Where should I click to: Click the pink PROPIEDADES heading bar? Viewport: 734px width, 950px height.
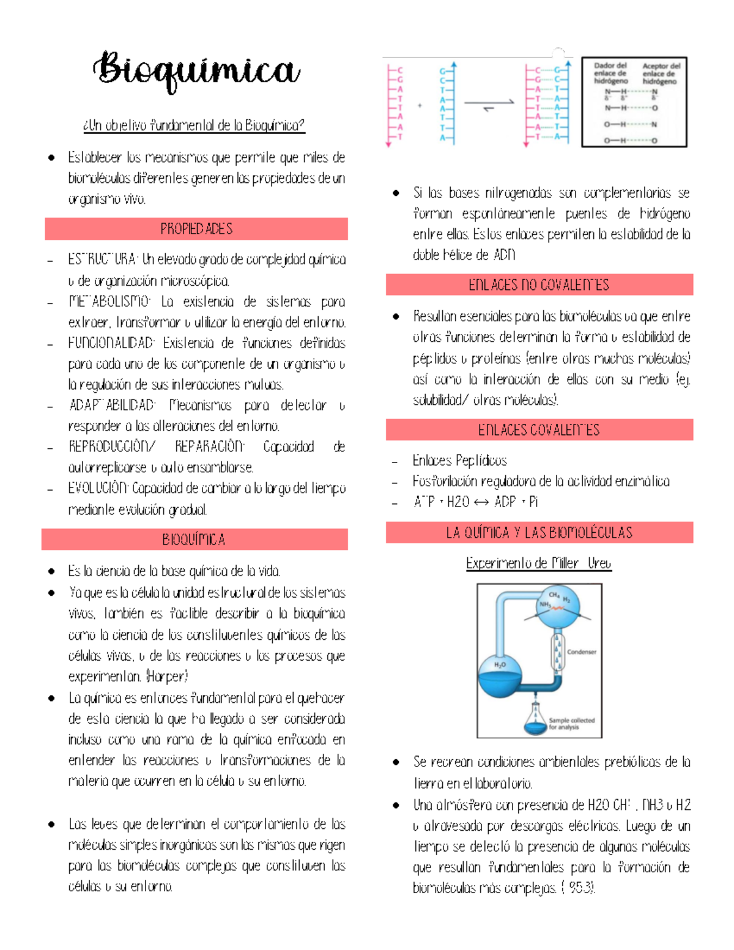coord(196,229)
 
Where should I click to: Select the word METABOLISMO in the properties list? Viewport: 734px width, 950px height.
coord(109,302)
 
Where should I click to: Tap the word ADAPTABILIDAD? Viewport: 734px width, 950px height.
coord(112,405)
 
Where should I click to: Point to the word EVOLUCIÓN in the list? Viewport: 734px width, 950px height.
coord(98,488)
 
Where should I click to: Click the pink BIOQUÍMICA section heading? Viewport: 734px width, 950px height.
coord(195,540)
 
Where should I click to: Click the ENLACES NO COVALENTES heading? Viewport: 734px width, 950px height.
coord(539,284)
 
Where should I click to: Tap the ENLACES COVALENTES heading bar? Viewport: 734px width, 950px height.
coord(539,429)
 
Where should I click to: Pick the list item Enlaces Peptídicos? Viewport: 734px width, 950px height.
coord(459,460)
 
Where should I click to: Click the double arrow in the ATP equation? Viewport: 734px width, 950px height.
coord(481,502)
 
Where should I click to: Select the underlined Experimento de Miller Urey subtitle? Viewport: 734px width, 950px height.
coord(538,563)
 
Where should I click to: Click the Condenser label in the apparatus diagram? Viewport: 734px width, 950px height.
coord(581,652)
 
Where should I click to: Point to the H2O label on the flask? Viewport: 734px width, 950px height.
coord(500,665)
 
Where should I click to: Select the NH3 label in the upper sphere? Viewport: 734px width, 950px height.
coord(544,604)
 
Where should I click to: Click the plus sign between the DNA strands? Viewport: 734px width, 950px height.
coord(420,106)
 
